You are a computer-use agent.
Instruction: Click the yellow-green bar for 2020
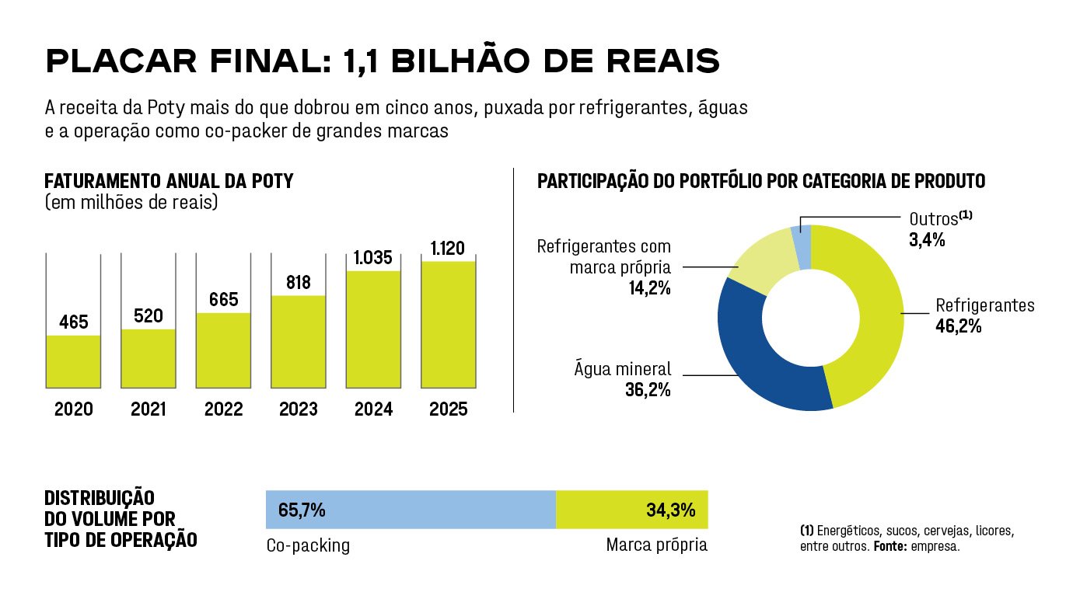pyautogui.click(x=73, y=360)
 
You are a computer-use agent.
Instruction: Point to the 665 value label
pyautogui.click(x=223, y=300)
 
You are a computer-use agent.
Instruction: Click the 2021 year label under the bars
pyautogui.click(x=148, y=409)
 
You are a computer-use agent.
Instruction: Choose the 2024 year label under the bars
pyautogui.click(x=373, y=409)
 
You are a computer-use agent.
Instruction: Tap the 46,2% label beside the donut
pyautogui.click(x=958, y=326)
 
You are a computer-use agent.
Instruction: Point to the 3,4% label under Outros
pyautogui.click(x=927, y=240)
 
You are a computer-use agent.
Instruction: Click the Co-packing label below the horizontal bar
pyautogui.click(x=308, y=545)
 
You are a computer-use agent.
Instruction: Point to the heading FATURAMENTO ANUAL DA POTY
pyautogui.click(x=169, y=182)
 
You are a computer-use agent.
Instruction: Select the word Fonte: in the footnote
pyautogui.click(x=892, y=547)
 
